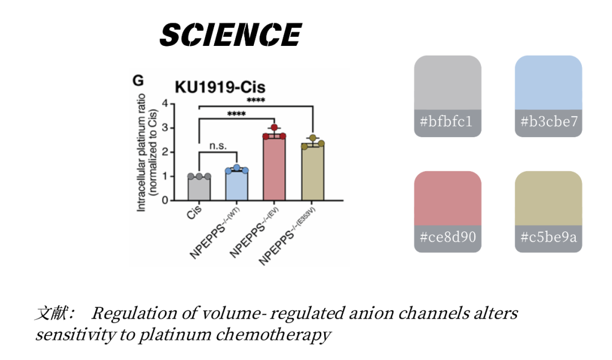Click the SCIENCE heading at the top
(230, 35)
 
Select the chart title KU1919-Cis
(219, 87)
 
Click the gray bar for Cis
(199, 189)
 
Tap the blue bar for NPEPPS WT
(236, 185)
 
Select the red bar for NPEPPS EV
(274, 169)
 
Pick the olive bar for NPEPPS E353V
(312, 173)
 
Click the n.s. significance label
(218, 146)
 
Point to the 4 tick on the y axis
(165, 104)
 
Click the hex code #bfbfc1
(447, 121)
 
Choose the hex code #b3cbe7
(548, 121)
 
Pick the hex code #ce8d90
(447, 237)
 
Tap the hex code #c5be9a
(548, 237)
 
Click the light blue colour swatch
(548, 83)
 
